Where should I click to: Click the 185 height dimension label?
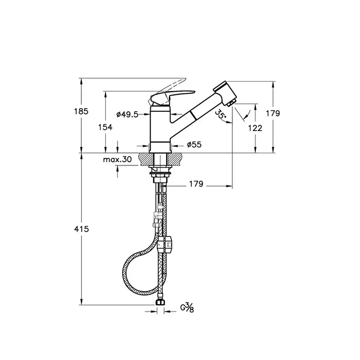click(81, 111)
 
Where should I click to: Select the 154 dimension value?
click(105, 127)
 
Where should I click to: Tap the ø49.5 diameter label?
click(127, 114)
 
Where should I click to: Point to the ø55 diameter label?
click(194, 144)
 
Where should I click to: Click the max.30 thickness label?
click(117, 159)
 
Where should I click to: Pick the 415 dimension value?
click(81, 229)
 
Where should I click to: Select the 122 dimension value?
click(255, 128)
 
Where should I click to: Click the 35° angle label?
click(220, 114)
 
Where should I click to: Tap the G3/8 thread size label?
click(187, 308)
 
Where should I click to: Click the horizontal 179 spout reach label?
click(196, 184)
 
